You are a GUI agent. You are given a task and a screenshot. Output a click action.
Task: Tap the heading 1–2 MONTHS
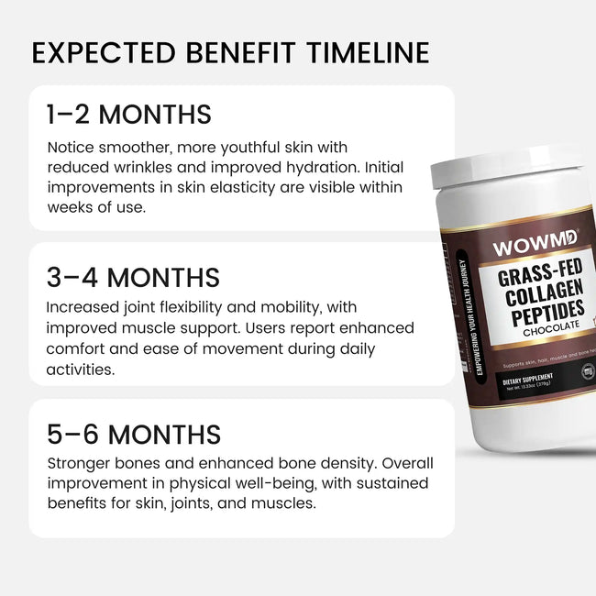[x=128, y=115]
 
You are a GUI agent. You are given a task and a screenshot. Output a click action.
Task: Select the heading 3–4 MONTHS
[x=133, y=277]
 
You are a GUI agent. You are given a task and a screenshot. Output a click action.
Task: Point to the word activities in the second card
[x=80, y=369]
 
